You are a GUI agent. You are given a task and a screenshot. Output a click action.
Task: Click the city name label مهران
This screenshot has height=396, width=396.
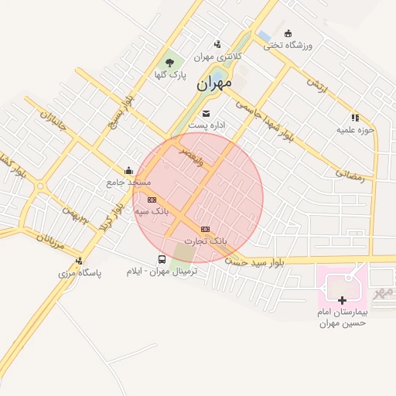(214, 84)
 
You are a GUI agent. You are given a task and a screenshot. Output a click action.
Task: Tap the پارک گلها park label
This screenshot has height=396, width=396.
(171, 75)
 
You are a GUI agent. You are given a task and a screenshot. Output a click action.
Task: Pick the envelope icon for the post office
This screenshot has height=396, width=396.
(206, 114)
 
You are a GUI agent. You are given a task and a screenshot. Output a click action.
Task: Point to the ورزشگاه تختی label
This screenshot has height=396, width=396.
(288, 45)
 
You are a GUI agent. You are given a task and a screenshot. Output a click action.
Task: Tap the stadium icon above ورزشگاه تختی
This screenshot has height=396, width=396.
(288, 33)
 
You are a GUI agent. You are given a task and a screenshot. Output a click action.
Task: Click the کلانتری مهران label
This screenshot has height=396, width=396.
(217, 56)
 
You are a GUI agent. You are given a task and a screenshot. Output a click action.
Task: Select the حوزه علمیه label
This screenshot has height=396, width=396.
(355, 130)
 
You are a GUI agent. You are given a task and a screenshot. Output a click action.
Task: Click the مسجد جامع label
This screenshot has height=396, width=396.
(128, 183)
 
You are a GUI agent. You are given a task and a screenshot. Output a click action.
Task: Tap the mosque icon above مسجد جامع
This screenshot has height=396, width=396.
(128, 171)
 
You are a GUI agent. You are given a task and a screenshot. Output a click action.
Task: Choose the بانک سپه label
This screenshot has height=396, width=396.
(152, 210)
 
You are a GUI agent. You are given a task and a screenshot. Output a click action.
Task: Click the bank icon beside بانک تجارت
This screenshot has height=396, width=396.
(205, 229)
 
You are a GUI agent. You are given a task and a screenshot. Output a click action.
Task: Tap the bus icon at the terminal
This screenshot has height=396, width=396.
(162, 259)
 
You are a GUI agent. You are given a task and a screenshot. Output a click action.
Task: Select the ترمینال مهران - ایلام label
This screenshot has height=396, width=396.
(162, 271)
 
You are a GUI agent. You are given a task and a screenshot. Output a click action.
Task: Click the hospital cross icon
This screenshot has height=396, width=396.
(343, 299)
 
